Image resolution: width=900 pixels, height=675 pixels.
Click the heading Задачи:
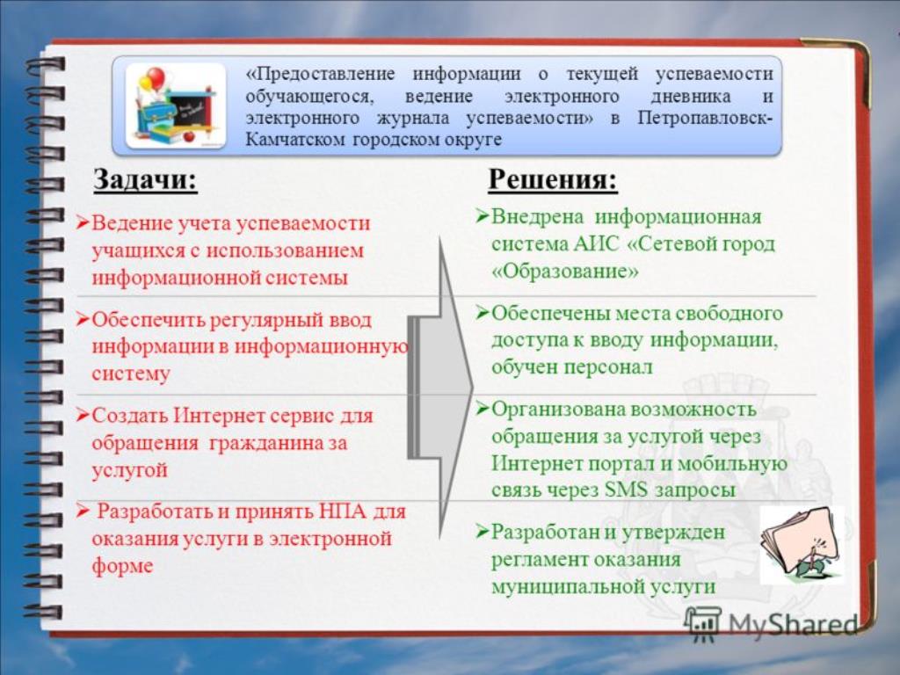tap(145, 179)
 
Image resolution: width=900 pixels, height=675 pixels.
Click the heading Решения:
tap(553, 178)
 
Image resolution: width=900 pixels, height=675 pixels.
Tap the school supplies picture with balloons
tap(176, 106)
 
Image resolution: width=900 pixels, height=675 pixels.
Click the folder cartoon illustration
tap(802, 545)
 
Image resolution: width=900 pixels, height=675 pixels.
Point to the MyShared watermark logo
tap(771, 623)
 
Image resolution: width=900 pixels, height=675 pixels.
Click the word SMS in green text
tap(626, 490)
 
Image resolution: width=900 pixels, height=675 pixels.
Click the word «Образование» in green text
tap(565, 271)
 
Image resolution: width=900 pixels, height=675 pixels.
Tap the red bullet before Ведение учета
tap(83, 222)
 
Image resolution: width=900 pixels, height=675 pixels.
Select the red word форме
tap(122, 566)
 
